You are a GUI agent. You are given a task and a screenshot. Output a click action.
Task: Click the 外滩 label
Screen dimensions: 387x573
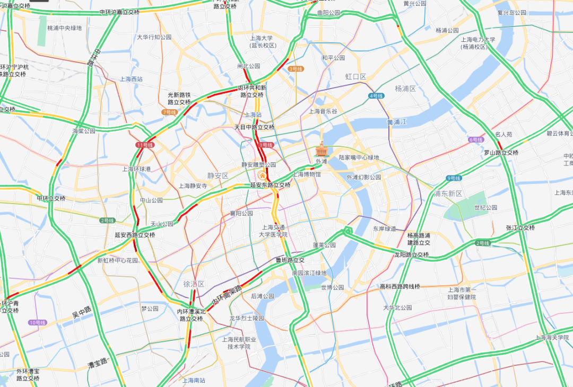coord(322,161)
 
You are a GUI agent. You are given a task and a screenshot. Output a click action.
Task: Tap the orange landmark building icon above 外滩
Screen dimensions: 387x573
coord(322,150)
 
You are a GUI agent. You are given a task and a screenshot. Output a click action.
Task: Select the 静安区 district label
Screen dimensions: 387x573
coord(218,175)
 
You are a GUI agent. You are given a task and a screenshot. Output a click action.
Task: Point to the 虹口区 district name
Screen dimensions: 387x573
coord(356,77)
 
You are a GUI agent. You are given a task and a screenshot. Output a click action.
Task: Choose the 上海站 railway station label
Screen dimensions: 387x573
coord(253,115)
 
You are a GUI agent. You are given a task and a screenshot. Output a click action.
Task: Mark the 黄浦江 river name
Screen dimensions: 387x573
coord(396,122)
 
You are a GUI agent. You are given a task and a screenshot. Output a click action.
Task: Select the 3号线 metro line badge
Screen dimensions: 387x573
coord(296,69)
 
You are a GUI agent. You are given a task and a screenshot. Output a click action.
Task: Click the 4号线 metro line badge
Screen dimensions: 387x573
coord(376,96)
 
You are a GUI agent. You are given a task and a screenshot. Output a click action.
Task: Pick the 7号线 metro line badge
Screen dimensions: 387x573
coord(169,112)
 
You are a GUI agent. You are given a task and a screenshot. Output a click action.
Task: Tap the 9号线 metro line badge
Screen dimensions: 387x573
coord(454,178)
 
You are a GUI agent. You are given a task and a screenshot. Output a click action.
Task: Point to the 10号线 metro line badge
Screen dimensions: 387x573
coord(38,322)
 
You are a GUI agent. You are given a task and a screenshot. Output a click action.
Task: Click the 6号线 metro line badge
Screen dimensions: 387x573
coord(476,140)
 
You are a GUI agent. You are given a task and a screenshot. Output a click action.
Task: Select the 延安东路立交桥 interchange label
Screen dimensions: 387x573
coord(271,185)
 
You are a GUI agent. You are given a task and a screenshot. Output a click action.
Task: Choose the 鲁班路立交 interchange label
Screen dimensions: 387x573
coord(290,260)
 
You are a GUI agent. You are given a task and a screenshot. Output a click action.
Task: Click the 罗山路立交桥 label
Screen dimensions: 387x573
coord(501,153)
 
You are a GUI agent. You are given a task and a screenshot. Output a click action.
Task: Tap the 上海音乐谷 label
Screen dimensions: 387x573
coord(323,111)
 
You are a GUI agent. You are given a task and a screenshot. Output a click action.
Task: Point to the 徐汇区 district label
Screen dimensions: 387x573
coord(194,284)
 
